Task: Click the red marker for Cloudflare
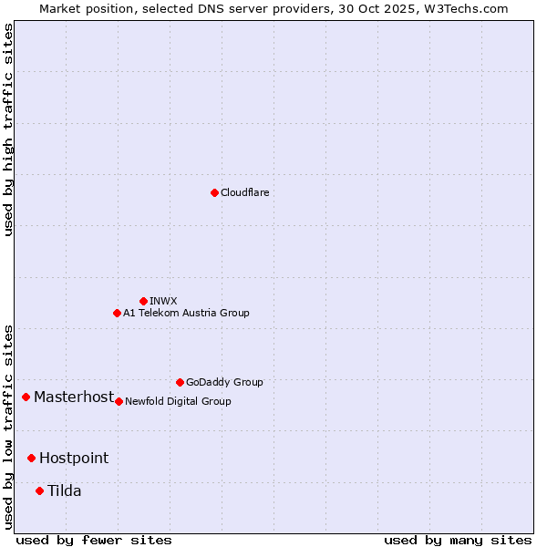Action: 214,192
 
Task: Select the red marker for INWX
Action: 143,301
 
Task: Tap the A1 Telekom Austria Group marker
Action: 117,313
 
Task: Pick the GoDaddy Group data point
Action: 180,382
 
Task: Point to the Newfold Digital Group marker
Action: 119,401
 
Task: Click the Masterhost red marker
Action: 26,397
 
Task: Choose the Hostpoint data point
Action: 31,458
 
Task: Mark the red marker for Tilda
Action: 39,490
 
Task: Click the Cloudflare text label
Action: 245,192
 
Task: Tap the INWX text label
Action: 163,301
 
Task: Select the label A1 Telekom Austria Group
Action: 186,313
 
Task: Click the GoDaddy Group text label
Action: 224,382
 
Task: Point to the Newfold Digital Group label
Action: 178,401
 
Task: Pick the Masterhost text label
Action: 74,397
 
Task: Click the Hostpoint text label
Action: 74,458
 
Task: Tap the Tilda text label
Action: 65,490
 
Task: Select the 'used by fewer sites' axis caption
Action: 94,540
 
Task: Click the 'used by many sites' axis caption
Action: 458,540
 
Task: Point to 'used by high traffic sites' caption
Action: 8,129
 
